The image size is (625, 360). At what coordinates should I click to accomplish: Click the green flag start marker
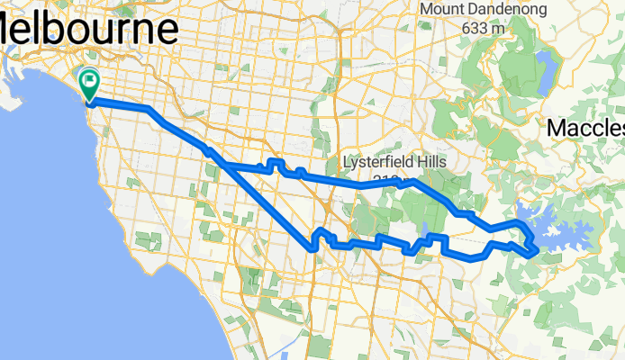coord(90,84)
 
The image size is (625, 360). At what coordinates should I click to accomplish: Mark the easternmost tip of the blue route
coord(538,248)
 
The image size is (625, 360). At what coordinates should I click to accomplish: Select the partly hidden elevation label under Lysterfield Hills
coord(386,178)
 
